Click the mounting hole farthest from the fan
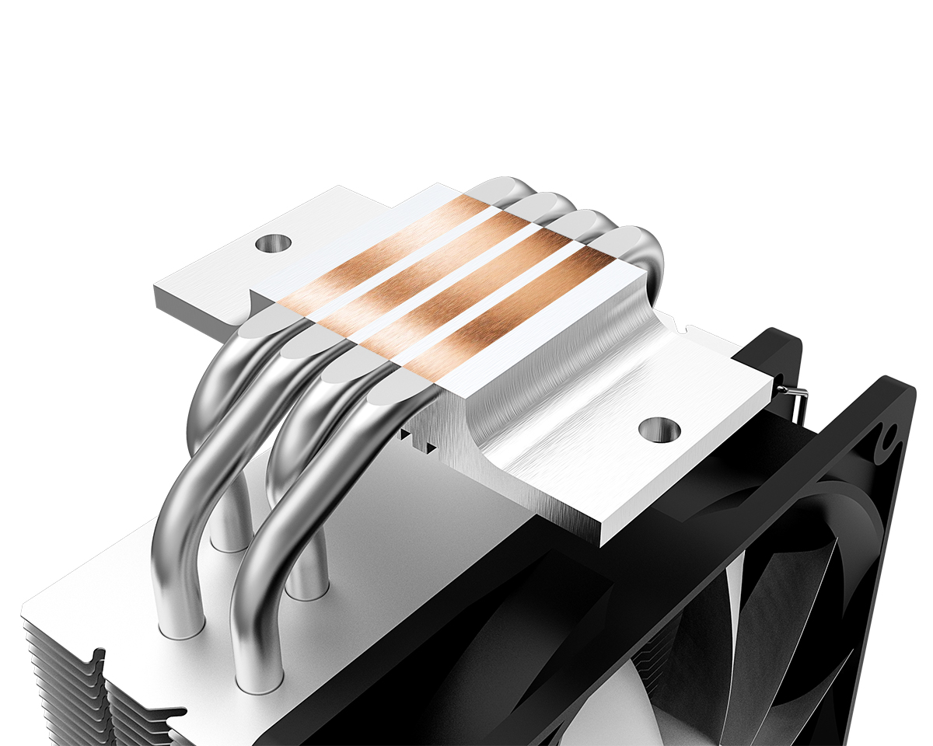click(x=272, y=243)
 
